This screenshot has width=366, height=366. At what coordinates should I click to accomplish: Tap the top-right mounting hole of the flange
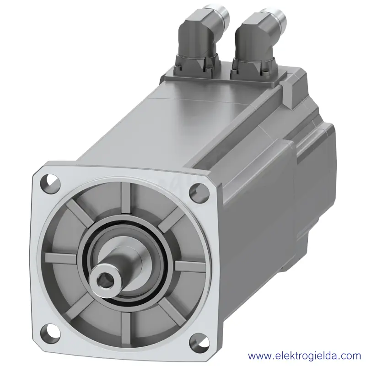click(199, 192)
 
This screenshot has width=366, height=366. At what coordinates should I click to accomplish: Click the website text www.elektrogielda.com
click(304, 356)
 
